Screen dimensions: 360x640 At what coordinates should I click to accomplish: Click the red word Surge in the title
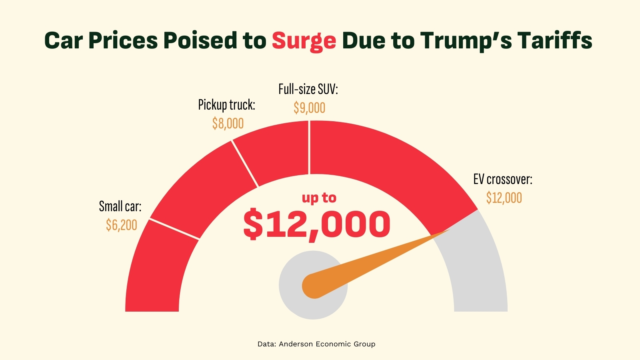tap(304, 41)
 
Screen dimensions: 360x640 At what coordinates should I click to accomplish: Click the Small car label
tap(120, 206)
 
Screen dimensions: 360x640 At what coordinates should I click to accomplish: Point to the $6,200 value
tap(122, 225)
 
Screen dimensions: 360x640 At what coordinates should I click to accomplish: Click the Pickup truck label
tap(226, 105)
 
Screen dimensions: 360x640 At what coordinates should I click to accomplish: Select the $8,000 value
tap(228, 124)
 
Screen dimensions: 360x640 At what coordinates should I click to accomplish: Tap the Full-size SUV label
tap(308, 89)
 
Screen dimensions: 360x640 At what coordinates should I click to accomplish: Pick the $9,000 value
tap(309, 108)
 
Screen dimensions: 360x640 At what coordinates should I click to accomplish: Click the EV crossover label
tap(503, 179)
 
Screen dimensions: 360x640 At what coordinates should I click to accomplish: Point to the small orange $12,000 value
tap(504, 198)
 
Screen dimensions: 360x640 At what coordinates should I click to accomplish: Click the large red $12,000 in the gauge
tap(317, 224)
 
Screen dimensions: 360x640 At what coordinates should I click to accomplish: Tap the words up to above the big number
tap(319, 198)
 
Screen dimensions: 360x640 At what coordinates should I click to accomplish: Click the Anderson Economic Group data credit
tap(316, 344)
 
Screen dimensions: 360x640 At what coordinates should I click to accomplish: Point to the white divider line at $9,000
tap(309, 148)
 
